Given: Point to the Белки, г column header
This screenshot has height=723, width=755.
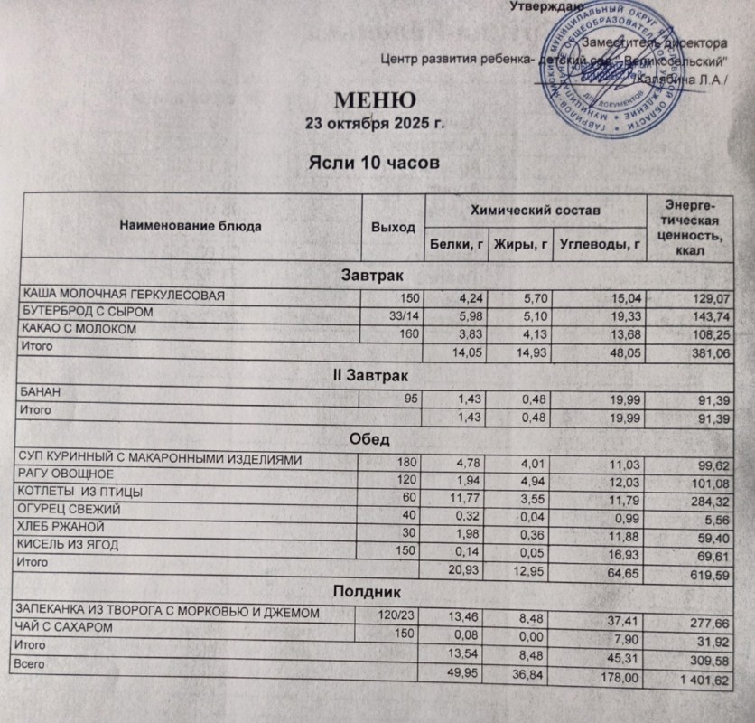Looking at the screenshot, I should click(456, 242).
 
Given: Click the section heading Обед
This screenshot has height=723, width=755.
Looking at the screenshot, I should click(373, 440).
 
